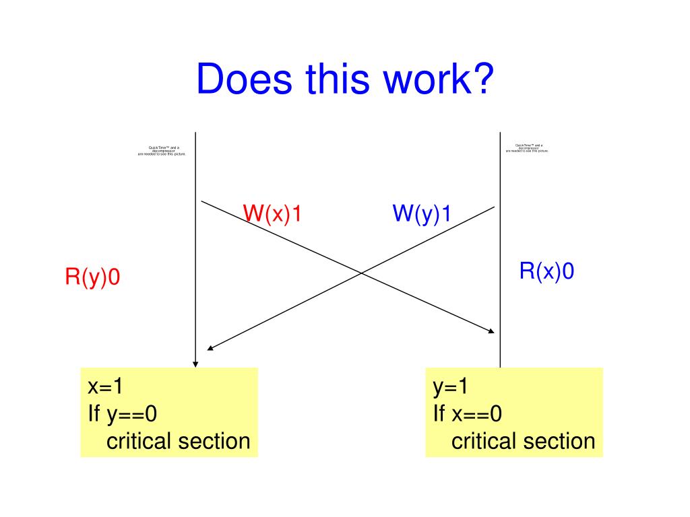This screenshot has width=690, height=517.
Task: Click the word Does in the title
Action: pos(245,79)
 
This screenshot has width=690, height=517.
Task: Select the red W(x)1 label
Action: pos(272,214)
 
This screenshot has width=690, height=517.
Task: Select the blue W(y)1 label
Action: pos(422,214)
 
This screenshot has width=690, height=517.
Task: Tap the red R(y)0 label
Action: pos(92,277)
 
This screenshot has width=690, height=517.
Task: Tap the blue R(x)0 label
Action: pos(546,271)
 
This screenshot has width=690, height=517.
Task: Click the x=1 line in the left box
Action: pos(105,387)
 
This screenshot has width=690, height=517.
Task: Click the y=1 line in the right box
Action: pos(450,387)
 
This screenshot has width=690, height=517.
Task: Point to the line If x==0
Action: pos(468,414)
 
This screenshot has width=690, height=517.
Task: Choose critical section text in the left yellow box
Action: pos(178,442)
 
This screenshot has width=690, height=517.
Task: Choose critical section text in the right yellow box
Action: pos(523,442)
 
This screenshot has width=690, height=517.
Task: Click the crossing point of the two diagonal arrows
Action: pos(362,273)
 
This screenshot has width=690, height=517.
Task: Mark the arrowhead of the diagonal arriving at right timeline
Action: pos(492,331)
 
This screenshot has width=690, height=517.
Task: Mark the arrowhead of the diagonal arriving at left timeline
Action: pos(210,348)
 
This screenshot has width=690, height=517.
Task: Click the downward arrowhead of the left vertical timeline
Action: pos(195,363)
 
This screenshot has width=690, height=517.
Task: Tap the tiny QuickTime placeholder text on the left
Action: pos(161,150)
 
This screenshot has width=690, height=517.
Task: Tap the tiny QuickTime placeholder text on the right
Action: pos(527,148)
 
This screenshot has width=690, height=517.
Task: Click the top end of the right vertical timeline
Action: pos(500,133)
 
